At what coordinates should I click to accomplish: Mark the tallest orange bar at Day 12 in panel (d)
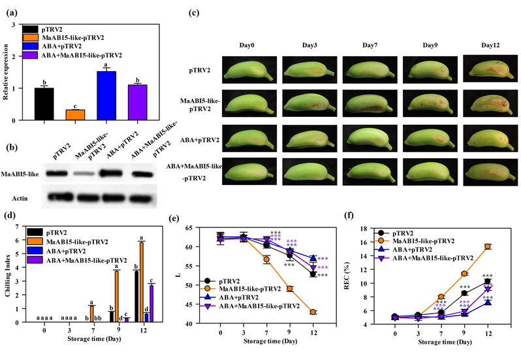click(x=141, y=282)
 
